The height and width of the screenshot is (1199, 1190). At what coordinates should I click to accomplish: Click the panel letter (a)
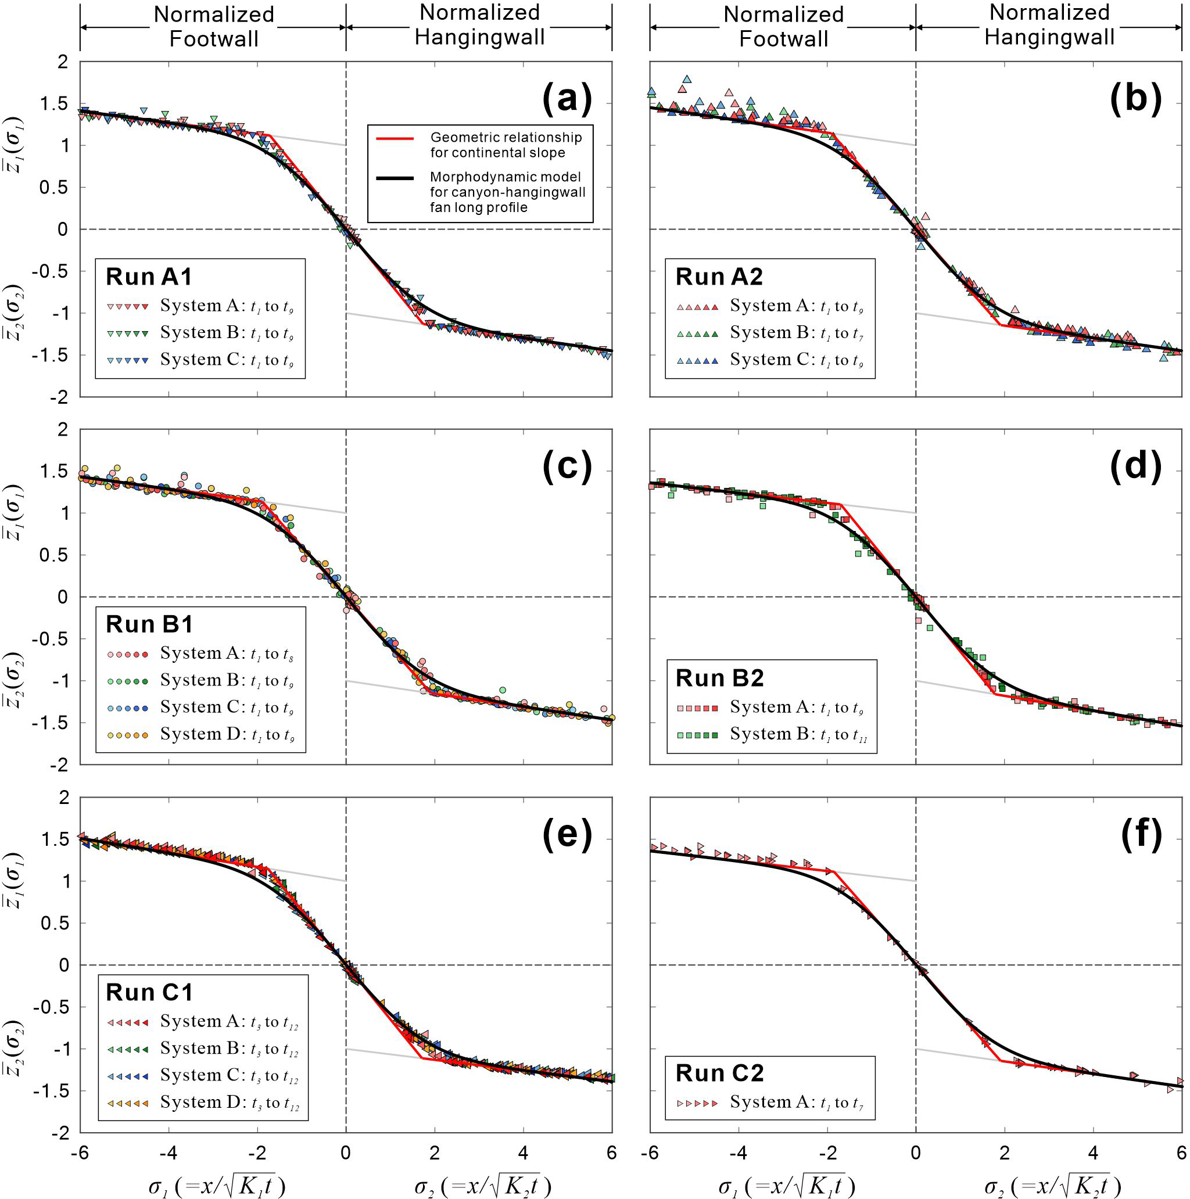[x=567, y=99]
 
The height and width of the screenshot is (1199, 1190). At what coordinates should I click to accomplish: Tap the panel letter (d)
[x=1135, y=466]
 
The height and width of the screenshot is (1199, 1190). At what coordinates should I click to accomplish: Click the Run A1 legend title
[x=149, y=277]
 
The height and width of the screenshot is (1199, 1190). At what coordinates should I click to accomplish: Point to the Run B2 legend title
[x=719, y=678]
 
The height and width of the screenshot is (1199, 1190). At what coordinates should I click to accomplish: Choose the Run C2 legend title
[x=719, y=1072]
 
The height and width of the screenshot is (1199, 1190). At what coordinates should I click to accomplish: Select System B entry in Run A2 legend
[x=770, y=333]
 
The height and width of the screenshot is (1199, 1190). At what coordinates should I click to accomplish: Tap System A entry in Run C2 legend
[x=770, y=1101]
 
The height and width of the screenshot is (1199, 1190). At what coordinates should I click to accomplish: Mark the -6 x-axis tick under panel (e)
[x=80, y=1153]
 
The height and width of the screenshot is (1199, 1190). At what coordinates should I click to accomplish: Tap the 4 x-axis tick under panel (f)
[x=1093, y=1153]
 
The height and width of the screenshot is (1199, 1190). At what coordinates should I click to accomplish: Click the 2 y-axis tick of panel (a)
[x=63, y=62]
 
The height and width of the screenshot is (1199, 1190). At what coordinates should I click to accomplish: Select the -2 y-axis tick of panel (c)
[x=58, y=764]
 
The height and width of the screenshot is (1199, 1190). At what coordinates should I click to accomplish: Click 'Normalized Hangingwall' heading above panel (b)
[x=1049, y=25]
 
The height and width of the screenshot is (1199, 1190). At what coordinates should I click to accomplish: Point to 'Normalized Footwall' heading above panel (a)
[x=214, y=27]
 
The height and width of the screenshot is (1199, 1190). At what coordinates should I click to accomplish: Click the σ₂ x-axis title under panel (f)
[x=1052, y=1184]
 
